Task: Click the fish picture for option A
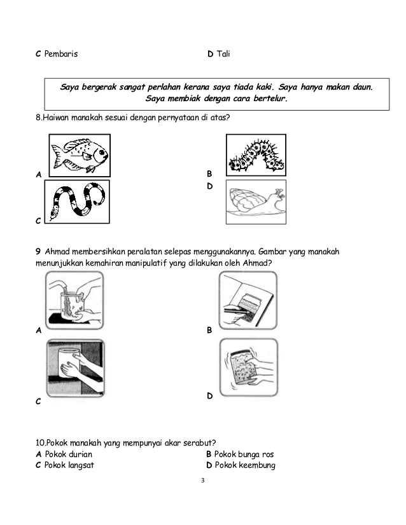coord(79,154)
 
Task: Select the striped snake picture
coord(77,201)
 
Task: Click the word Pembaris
coord(62,55)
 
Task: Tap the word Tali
coord(223,55)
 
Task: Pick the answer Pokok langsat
coord(69,465)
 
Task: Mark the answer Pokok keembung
coord(244,465)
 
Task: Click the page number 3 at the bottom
coord(202,480)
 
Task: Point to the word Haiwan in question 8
coord(57,118)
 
